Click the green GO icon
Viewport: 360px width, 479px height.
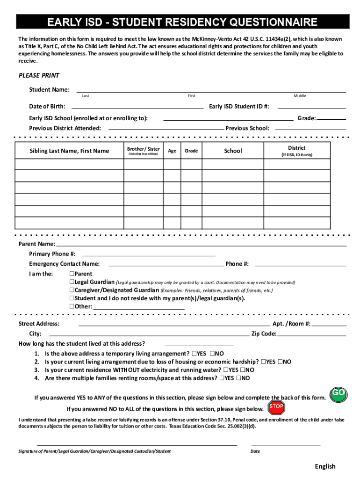338,394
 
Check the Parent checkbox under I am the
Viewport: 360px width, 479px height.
72,274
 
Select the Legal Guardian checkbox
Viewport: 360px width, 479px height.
72,282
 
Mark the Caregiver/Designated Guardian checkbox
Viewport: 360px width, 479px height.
72,290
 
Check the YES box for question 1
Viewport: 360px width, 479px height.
194,354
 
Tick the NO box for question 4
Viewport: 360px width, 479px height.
239,378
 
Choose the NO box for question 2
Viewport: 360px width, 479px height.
281,362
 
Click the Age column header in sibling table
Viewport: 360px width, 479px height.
172,151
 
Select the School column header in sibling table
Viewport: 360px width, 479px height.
233,151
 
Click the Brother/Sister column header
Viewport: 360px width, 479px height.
144,151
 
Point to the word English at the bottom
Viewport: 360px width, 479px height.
325,466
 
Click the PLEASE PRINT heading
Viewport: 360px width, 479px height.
39,76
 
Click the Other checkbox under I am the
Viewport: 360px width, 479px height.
72,306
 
